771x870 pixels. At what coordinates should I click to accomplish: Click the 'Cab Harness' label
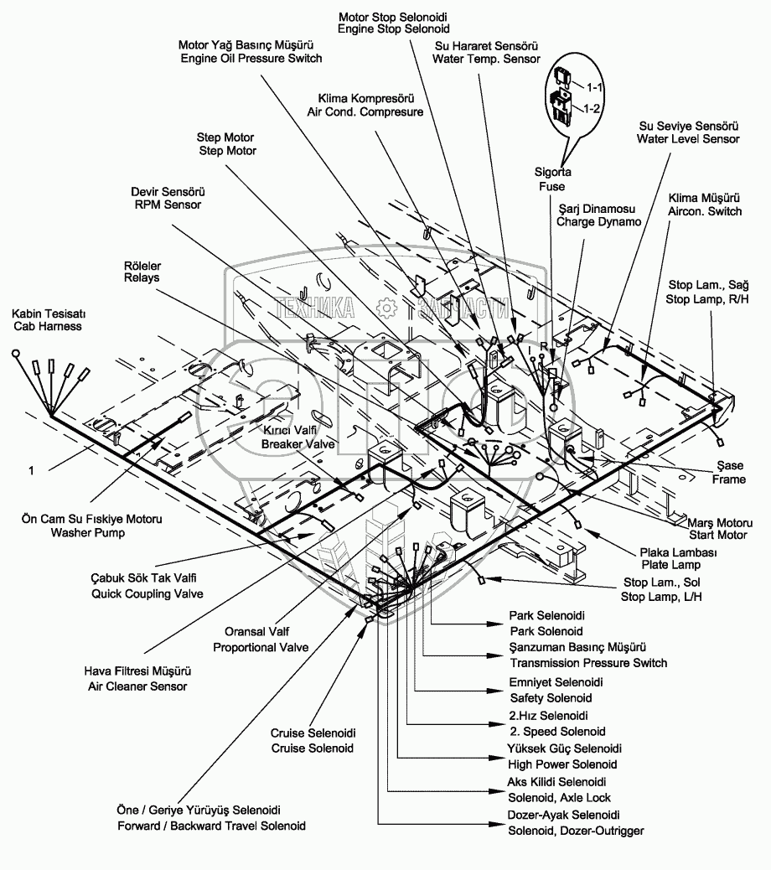47,326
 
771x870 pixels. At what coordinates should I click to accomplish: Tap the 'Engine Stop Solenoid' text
381,28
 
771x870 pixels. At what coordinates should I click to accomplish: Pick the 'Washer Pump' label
91,532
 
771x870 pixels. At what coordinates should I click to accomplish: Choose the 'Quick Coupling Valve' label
147,593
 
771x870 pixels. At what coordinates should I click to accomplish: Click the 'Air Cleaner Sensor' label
136,686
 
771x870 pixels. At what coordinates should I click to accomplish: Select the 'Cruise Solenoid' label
313,748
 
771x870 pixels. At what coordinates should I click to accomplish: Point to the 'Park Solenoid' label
546,630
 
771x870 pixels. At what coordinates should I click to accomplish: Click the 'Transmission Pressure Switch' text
588,663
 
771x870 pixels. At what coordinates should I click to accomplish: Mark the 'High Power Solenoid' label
562,764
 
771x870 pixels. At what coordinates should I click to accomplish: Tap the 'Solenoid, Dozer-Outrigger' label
577,831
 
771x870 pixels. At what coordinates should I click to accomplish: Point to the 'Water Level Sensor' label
688,139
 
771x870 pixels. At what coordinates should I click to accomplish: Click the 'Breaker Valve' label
289,443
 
